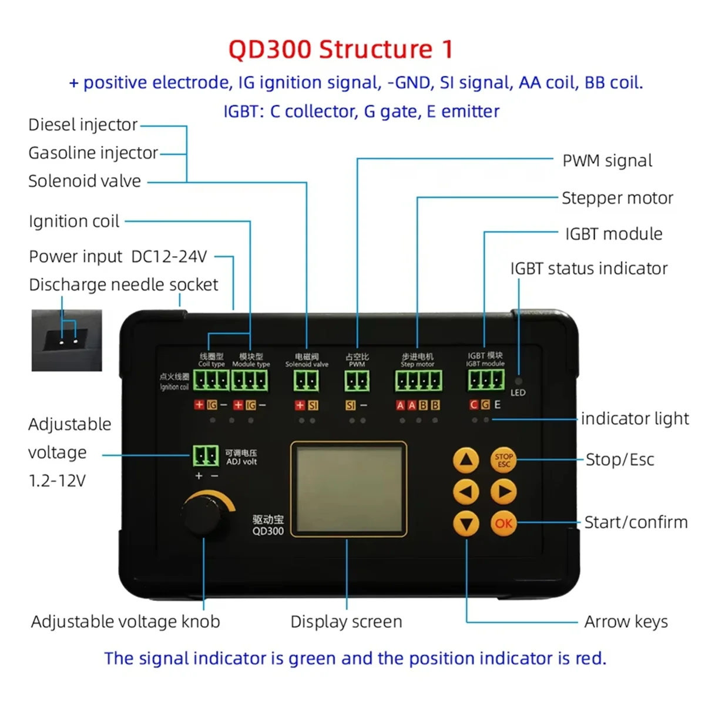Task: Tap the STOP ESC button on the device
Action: pos(503,460)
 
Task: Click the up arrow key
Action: pos(466,460)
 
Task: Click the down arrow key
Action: pos(466,523)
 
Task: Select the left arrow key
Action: pos(466,492)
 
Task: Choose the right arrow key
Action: pos(503,492)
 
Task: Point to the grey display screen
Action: pos(348,489)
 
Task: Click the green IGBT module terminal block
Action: pos(486,381)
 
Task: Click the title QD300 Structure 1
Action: pos(341,49)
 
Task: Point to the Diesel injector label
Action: pos(83,125)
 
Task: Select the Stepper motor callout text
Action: pos(617,198)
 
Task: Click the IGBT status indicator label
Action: pos(589,268)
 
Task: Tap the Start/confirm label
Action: pos(636,522)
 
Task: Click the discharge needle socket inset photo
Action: pos(66,340)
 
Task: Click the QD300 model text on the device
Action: pos(268,531)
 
